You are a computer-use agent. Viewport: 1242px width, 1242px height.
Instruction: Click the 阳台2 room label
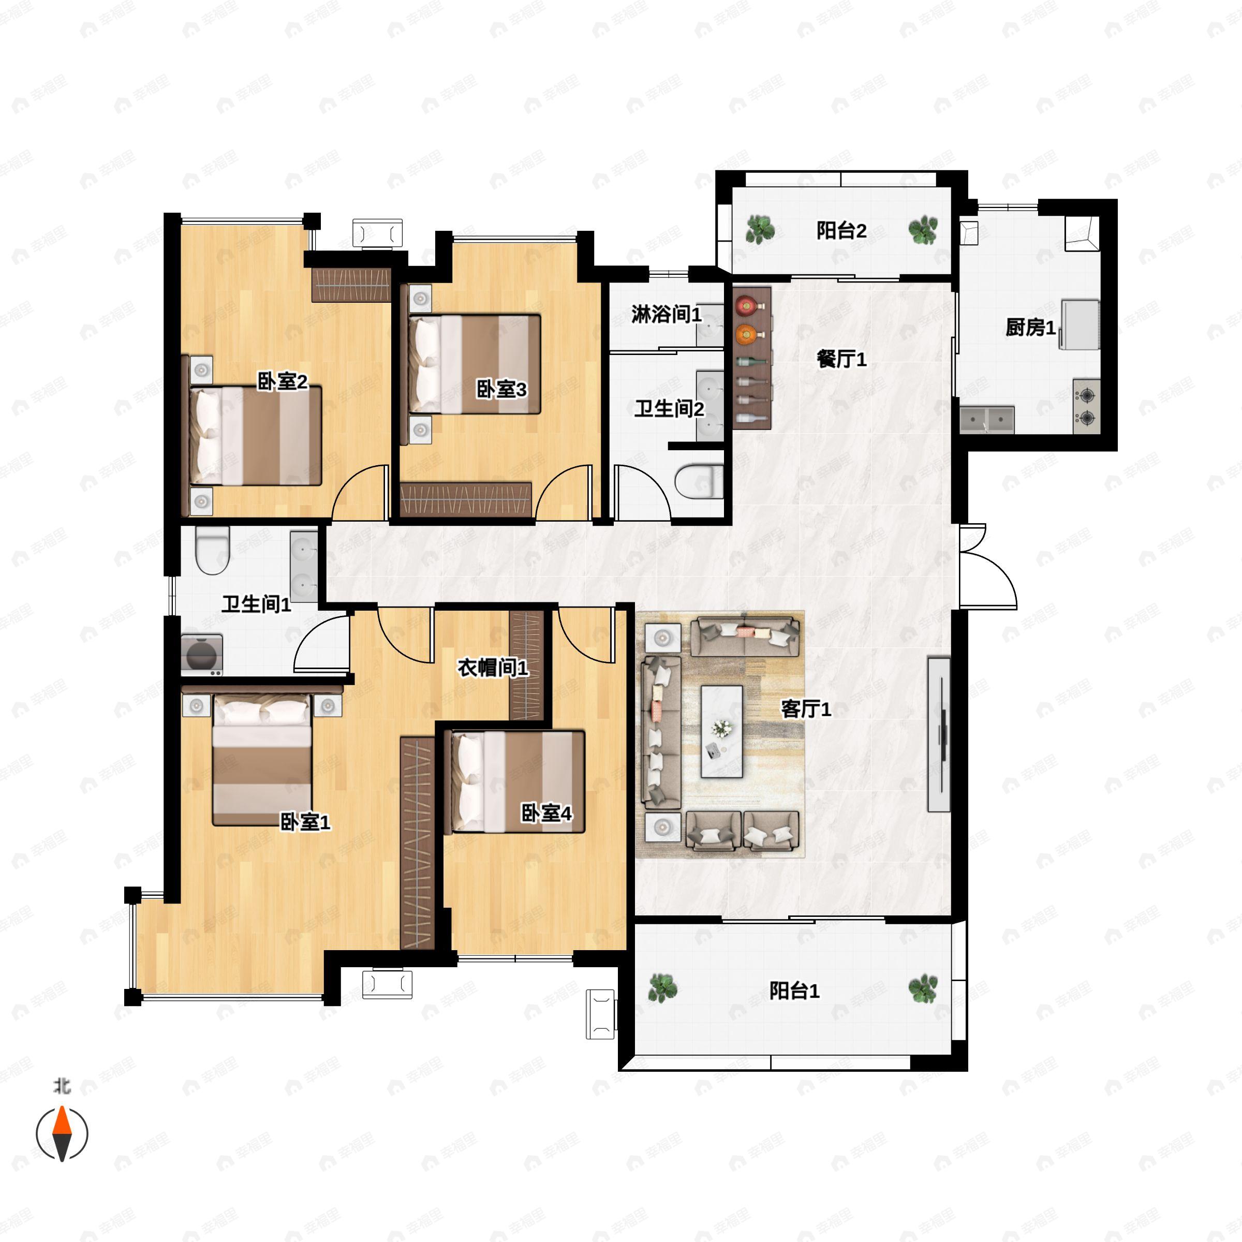click(841, 231)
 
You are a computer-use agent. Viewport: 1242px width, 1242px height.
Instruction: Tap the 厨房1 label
click(1030, 328)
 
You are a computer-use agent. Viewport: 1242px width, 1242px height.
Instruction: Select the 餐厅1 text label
click(841, 359)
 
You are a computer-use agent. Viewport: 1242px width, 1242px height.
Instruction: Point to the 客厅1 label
click(806, 709)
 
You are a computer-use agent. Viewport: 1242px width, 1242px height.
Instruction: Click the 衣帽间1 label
click(493, 668)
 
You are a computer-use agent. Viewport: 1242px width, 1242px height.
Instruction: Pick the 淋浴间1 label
click(667, 314)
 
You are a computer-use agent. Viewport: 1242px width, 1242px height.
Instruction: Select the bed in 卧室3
click(475, 364)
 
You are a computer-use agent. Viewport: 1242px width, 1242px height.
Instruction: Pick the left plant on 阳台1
click(662, 988)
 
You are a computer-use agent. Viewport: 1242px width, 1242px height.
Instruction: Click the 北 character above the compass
click(62, 1086)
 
